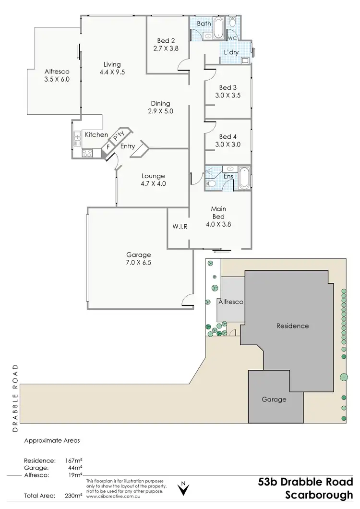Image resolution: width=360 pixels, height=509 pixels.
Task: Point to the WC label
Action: click(x=232, y=37)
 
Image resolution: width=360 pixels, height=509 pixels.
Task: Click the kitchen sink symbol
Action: click(x=77, y=138)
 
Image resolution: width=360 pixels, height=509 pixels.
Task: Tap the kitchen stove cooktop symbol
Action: click(x=87, y=154)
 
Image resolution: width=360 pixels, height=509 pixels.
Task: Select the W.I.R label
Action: click(x=180, y=226)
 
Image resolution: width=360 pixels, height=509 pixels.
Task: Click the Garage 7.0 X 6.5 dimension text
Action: click(x=139, y=263)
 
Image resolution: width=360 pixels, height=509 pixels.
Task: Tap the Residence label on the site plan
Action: click(x=292, y=326)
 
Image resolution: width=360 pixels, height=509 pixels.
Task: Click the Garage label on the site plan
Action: click(x=274, y=399)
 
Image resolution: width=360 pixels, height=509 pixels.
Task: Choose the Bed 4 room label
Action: click(x=228, y=136)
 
